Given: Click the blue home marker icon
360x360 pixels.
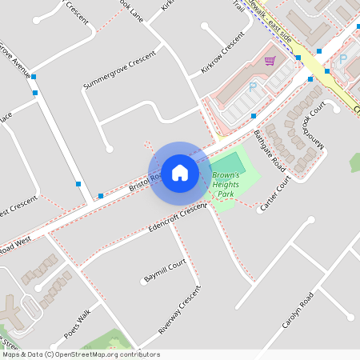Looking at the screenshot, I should (x=180, y=172).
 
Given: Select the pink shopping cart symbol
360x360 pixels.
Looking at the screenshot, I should (x=270, y=61).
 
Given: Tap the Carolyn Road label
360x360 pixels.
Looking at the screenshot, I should (x=296, y=313).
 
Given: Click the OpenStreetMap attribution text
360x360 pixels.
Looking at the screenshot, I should (x=81, y=354).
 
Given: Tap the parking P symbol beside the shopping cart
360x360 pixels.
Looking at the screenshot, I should (x=254, y=86).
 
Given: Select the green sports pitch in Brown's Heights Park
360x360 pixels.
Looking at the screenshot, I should (x=230, y=167).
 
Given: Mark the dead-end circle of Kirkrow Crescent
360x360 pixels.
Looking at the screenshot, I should (x=206, y=26).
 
